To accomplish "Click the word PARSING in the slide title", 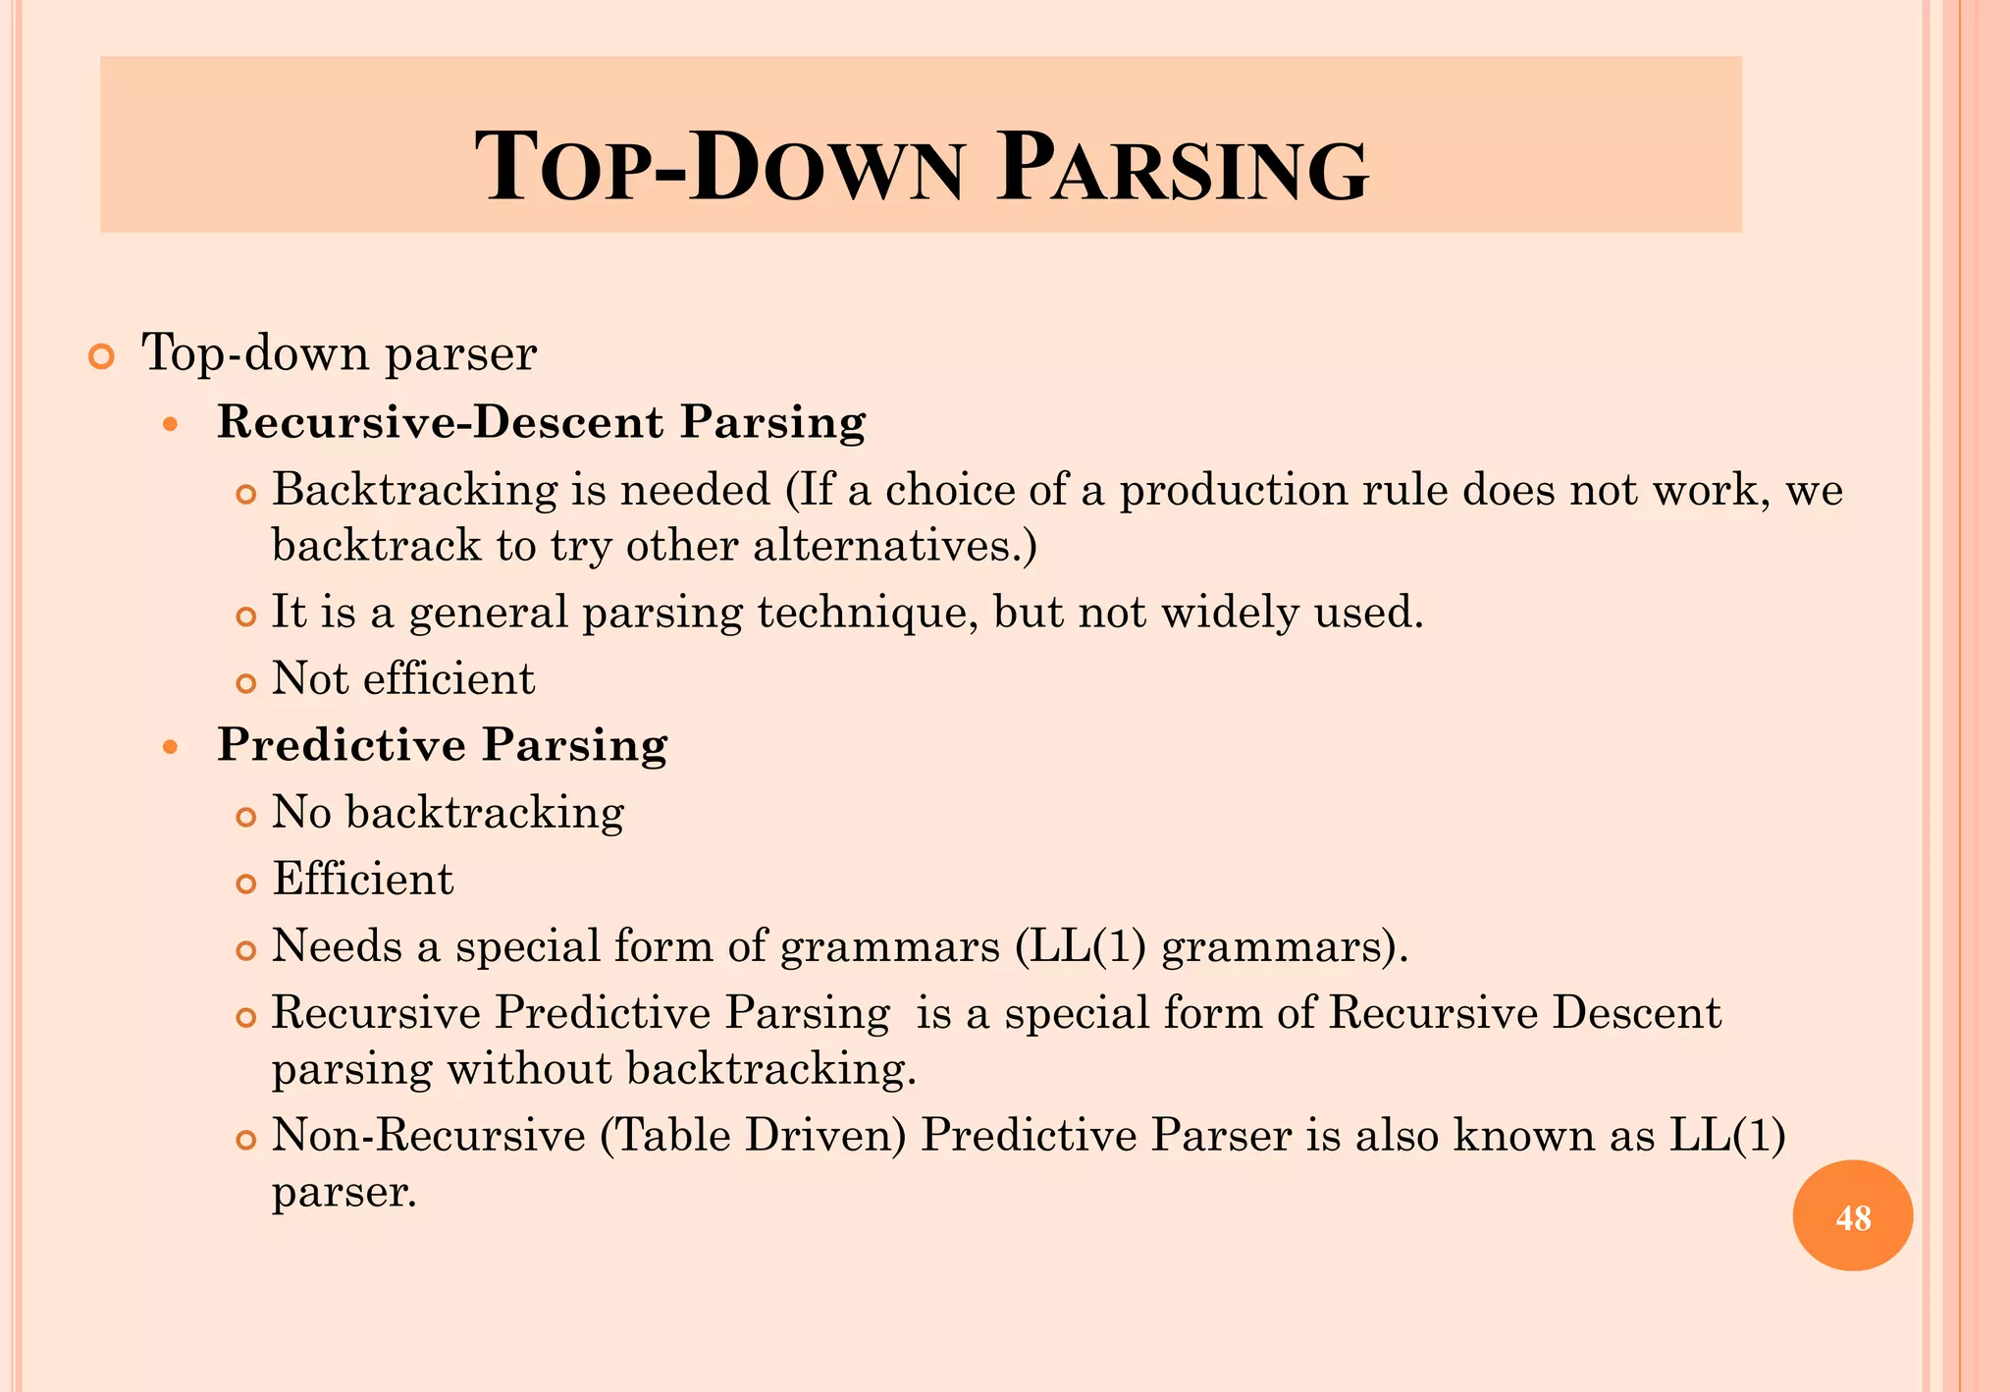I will pyautogui.click(x=1182, y=169).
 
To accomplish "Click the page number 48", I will pyautogui.click(x=1853, y=1217).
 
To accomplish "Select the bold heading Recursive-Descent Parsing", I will pyautogui.click(x=541, y=422).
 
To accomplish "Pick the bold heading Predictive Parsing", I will pyautogui.click(x=442, y=744).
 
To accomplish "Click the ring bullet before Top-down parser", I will pyautogui.click(x=101, y=357).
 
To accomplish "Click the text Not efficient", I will pyautogui.click(x=403, y=679).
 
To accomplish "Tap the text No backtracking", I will pyautogui.click(x=448, y=813).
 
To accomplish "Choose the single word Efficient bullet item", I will pyautogui.click(x=363, y=880).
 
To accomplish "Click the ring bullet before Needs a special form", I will pyautogui.click(x=245, y=950).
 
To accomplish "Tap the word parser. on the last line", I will pyautogui.click(x=344, y=1193).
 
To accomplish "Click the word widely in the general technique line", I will pyautogui.click(x=1230, y=613).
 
